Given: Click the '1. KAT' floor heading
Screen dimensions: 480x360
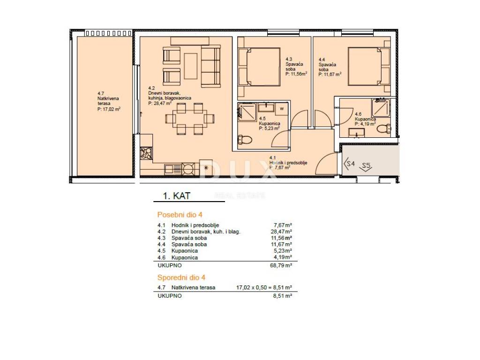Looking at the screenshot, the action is [x=177, y=195].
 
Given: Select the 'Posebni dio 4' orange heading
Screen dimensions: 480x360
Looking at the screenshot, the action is [x=180, y=215].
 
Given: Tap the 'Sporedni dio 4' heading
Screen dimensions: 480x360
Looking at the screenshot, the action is [x=181, y=277].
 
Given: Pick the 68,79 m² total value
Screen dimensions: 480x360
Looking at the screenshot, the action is [x=281, y=265].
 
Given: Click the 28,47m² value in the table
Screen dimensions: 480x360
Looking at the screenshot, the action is [x=281, y=232].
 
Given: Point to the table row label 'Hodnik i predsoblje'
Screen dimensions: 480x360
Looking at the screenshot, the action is [x=195, y=225].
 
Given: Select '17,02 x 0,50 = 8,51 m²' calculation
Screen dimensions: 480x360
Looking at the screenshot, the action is [x=264, y=287].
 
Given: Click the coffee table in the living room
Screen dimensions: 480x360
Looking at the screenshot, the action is [x=190, y=66].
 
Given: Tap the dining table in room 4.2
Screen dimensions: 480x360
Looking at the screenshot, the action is [x=190, y=119].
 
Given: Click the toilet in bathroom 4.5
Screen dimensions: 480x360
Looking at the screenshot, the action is [x=245, y=140].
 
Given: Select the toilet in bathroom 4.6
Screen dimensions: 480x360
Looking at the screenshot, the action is [x=384, y=128].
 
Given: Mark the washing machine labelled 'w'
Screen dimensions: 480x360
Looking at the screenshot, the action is [x=282, y=108].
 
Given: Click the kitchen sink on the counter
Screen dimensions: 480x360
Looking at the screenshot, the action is [x=173, y=168].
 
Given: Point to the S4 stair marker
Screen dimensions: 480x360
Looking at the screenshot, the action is [x=349, y=164].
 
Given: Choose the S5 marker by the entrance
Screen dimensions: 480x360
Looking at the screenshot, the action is [x=366, y=166].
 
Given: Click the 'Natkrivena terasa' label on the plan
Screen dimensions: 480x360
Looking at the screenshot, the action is [x=108, y=101].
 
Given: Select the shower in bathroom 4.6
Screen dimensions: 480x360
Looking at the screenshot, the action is [x=381, y=108].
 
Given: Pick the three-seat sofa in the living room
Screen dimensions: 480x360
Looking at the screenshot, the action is [x=210, y=67].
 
